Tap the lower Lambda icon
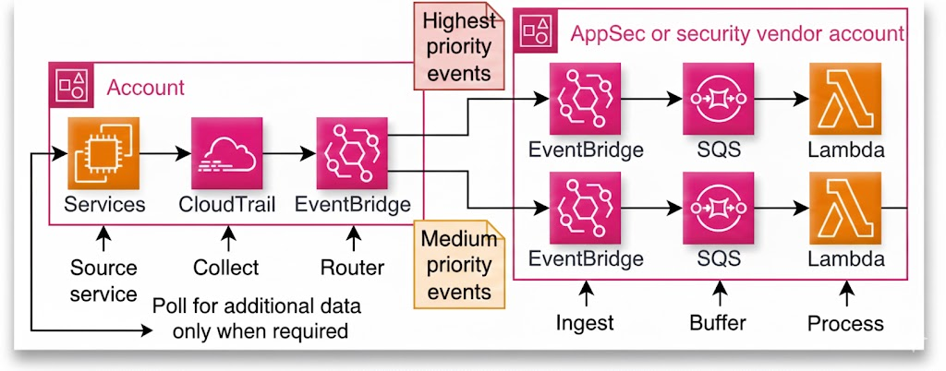845,209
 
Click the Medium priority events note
456,265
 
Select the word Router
352,268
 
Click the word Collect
226,268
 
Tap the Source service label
103,280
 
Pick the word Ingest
586,323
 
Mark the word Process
845,323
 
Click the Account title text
146,89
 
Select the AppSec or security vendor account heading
737,34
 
